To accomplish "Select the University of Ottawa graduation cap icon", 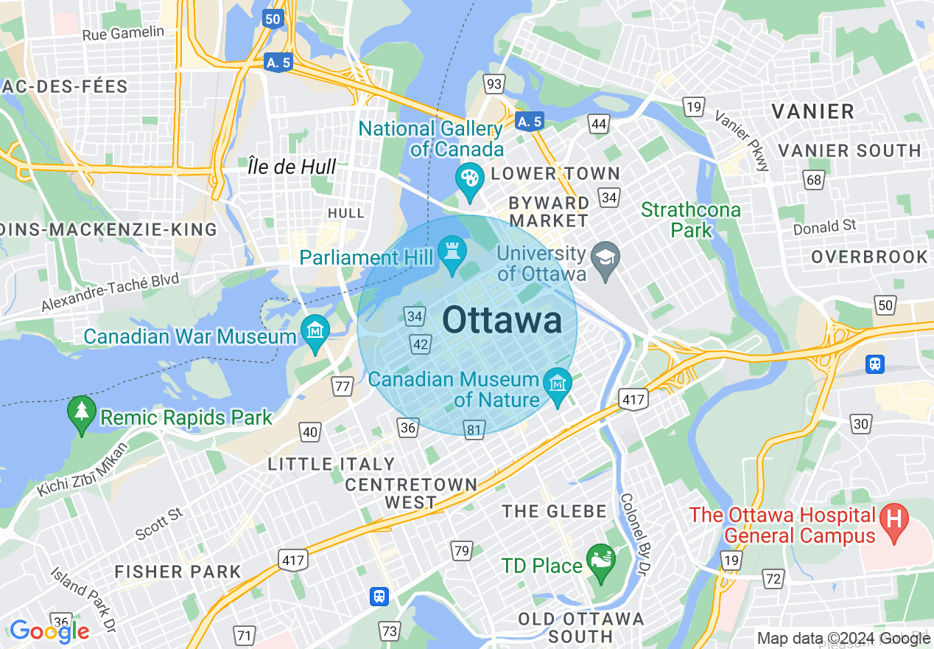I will coord(607,258).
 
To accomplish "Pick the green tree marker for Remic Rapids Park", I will coord(81,412).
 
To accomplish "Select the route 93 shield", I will coord(494,83).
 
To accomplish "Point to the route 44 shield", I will coord(599,123).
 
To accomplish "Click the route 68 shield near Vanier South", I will coord(814,179).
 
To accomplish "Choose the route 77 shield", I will coord(342,386).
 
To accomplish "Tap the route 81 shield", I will coord(474,429).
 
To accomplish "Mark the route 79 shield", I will coord(462,550).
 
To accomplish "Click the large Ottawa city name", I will coord(502,322).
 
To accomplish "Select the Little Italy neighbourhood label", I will coord(331,464).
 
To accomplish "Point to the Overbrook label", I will coord(869,257).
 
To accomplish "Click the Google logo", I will coord(49,631).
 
